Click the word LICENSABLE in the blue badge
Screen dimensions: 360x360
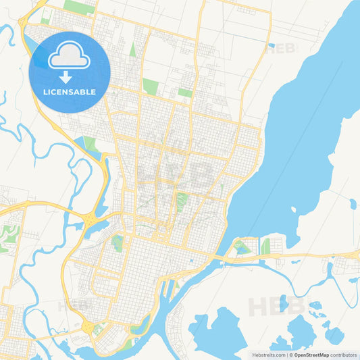click(70, 92)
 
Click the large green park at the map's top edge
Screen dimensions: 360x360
click(80, 7)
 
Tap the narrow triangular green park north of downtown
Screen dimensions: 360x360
click(133, 49)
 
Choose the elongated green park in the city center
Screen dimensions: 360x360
click(181, 201)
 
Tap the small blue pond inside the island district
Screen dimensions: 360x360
click(243, 248)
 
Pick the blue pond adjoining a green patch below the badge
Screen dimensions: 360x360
click(87, 143)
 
